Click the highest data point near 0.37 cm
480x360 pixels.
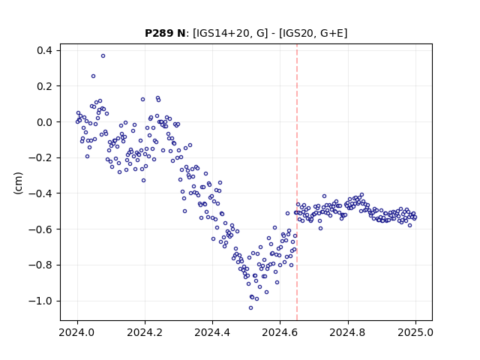click(103, 56)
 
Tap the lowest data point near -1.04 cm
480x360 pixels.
click(250, 308)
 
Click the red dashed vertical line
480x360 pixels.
click(297, 182)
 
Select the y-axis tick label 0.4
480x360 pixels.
click(44, 50)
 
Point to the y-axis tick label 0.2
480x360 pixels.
click(44, 86)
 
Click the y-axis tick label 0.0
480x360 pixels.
click(44, 121)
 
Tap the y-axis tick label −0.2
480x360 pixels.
click(40, 157)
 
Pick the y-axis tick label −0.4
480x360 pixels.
click(40, 193)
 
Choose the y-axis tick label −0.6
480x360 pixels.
click(40, 229)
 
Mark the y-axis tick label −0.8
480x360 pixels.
click(40, 265)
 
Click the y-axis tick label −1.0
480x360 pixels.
click(40, 301)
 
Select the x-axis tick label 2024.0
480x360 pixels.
click(77, 332)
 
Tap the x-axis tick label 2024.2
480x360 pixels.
click(145, 332)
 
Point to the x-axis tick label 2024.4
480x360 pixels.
click(212, 332)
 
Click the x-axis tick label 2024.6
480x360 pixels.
click(280, 332)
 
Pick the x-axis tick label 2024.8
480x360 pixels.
click(348, 332)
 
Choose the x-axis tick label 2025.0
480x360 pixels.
click(415, 332)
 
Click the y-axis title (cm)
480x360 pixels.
click(18, 183)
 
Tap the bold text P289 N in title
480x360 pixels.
click(165, 33)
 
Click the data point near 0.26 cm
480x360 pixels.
click(93, 76)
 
